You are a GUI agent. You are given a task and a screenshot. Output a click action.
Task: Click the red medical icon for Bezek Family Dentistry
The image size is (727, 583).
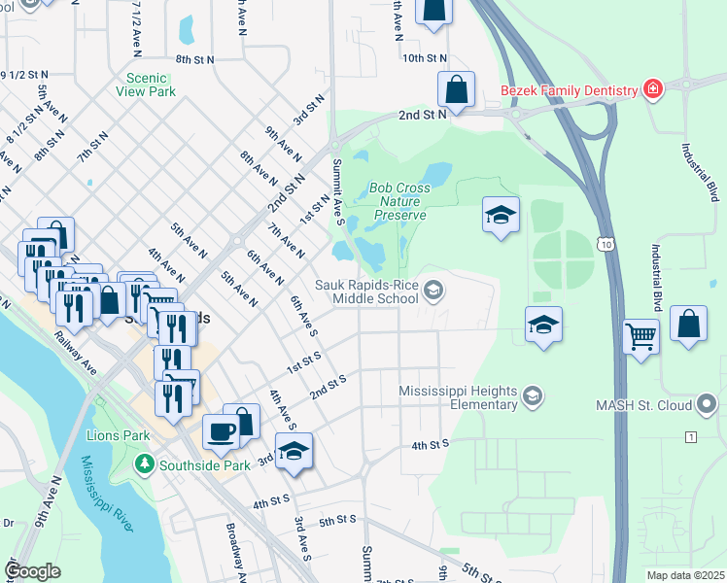click(x=652, y=90)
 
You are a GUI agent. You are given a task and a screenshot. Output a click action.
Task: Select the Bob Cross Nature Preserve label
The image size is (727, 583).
click(x=399, y=201)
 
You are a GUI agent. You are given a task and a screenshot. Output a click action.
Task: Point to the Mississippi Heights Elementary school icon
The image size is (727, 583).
click(x=531, y=395)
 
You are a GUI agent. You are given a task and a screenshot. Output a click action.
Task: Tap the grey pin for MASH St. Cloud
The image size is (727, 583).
click(x=707, y=402)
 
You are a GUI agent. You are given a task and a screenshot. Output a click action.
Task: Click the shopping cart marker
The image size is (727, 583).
click(x=640, y=336)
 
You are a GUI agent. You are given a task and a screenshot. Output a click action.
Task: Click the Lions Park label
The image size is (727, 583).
click(x=117, y=435)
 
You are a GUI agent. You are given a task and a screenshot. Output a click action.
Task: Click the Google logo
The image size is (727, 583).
click(x=33, y=570)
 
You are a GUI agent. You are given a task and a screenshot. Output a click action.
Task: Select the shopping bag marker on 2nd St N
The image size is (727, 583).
click(x=456, y=90)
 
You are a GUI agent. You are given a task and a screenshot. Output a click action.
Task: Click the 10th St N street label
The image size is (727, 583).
click(x=425, y=58)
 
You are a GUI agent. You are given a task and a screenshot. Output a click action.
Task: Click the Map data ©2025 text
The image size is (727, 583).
click(x=684, y=575)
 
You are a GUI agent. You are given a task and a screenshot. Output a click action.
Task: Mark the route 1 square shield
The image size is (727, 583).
click(x=691, y=437)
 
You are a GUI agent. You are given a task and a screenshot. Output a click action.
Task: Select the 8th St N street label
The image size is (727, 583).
click(x=194, y=59)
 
